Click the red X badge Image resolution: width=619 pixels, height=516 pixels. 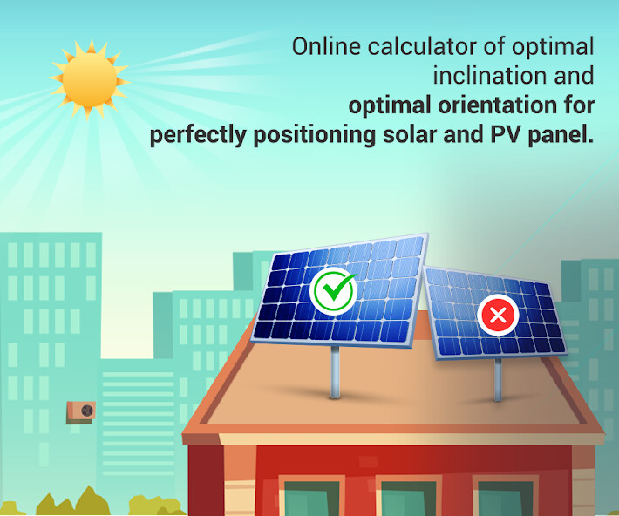coord(498,316)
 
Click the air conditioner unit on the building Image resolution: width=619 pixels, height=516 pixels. coord(81,411)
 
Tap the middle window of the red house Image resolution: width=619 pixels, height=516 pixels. coord(408,499)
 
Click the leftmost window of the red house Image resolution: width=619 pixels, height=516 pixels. coord(312,499)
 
